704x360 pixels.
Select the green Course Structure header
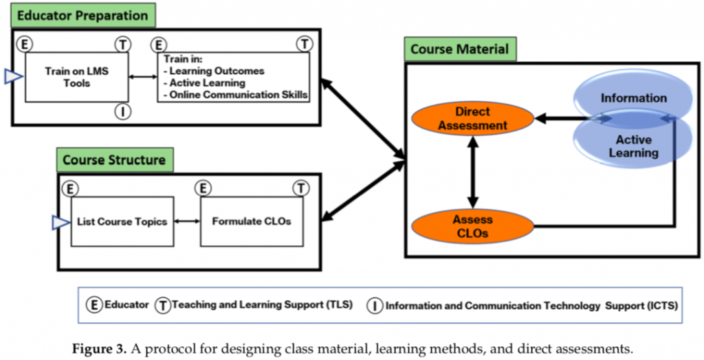pyautogui.click(x=113, y=159)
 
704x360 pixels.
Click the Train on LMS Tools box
pyautogui.click(x=77, y=77)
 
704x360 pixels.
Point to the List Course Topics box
pyautogui.click(x=123, y=221)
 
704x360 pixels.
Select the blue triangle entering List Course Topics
pyautogui.click(x=61, y=221)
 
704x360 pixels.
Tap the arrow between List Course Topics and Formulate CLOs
pyautogui.click(x=188, y=221)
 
